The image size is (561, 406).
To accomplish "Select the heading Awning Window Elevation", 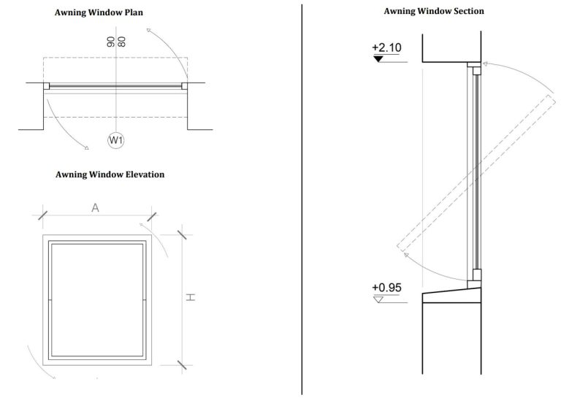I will point(110,175).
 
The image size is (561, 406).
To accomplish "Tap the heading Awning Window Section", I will point(434,11).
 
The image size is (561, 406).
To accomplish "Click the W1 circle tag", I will point(115,140).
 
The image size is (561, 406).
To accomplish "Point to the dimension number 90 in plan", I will point(111,42).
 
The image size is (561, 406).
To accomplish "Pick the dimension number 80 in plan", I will point(121,42).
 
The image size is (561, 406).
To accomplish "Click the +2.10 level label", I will point(386,47).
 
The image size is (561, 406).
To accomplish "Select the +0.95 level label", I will point(386,287).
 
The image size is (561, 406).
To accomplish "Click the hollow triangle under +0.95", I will point(378,298).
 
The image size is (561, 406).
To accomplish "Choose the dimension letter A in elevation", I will point(95,208).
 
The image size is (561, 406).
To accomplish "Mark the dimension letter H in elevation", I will point(188,297).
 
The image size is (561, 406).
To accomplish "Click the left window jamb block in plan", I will point(47,86).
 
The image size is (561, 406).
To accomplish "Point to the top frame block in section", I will point(474,70).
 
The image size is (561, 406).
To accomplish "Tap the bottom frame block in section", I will point(474,275).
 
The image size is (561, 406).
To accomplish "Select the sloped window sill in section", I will point(451,295).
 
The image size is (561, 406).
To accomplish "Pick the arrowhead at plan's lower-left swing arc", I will point(85,148).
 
